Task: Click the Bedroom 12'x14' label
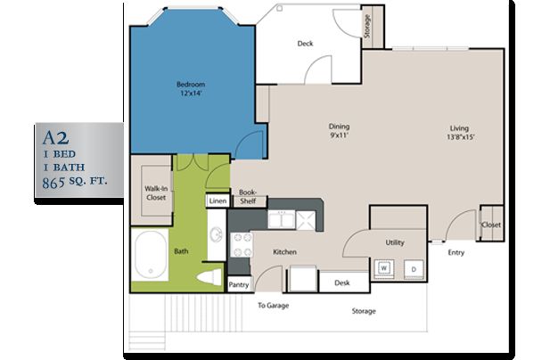coord(191,89)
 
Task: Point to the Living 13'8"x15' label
coord(460,133)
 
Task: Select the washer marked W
coord(383,268)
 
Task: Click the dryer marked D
coord(414,269)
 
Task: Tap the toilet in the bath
coord(209,277)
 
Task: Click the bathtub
coord(151,255)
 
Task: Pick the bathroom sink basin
coord(216,234)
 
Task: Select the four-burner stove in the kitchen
coord(241,245)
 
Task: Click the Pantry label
coord(239,285)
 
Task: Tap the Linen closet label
coord(218,201)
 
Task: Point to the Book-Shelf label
coord(248,197)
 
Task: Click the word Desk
coord(342,282)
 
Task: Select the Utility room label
coord(395,242)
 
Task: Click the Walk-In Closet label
coord(156,192)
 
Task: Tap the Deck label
coord(305,44)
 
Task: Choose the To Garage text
coord(274,306)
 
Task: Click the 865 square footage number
coord(53,183)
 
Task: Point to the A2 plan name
coord(55,138)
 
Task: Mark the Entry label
coord(456,253)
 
